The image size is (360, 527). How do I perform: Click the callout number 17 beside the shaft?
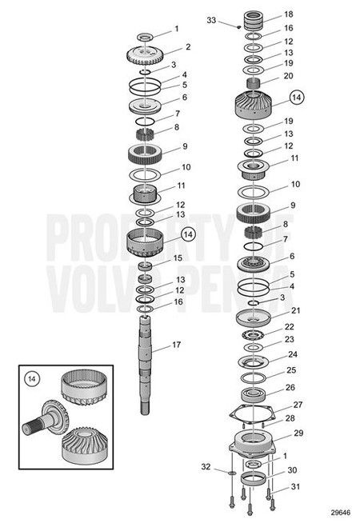178,346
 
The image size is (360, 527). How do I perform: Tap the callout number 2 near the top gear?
187,47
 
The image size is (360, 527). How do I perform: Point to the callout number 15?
178,258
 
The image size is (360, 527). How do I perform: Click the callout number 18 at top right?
288,14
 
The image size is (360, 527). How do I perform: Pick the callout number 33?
211,19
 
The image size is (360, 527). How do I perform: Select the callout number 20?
288,76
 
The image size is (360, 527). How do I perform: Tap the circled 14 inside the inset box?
33,377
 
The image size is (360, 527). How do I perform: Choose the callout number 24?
293,354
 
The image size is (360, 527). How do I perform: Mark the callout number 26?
290,388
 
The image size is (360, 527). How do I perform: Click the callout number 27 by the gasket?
298,405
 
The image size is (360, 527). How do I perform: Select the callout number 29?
298,433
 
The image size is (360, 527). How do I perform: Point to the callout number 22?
289,326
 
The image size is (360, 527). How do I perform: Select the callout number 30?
291,470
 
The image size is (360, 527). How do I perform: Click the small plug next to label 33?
238,26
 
